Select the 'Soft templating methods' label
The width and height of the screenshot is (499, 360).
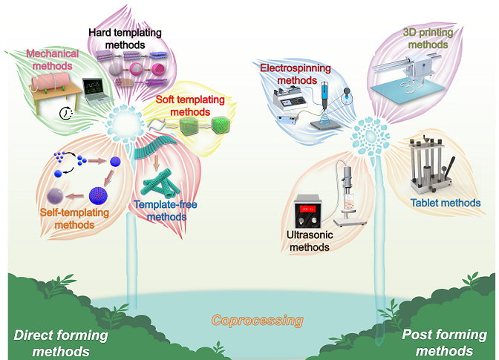click(x=184, y=105)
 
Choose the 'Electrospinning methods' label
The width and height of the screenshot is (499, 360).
click(x=295, y=73)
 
